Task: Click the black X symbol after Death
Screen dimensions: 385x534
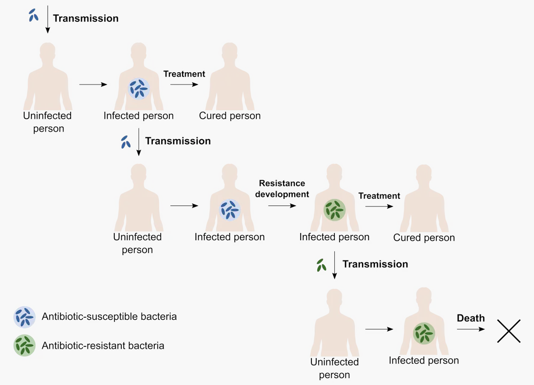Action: [508, 330]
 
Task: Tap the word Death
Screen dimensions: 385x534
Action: [470, 318]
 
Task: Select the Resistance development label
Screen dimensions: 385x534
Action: [282, 189]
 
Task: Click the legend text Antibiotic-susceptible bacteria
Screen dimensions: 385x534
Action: [109, 317]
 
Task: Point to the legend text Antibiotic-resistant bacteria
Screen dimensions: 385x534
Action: [103, 345]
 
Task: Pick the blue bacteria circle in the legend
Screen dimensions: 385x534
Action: [25, 317]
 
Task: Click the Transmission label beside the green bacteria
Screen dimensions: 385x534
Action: [375, 264]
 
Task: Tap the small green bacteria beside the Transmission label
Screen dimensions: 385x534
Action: [321, 265]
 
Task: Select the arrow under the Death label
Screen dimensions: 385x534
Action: [470, 330]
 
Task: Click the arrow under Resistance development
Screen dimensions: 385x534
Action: [282, 205]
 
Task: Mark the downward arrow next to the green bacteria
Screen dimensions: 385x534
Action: [334, 267]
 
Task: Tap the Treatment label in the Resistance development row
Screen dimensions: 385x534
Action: [379, 196]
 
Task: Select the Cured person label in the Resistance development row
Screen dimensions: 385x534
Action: [424, 237]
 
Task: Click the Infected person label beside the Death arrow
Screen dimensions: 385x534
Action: [423, 360]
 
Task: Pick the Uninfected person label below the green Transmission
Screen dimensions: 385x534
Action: [334, 368]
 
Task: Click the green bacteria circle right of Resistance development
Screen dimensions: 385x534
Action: [335, 210]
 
